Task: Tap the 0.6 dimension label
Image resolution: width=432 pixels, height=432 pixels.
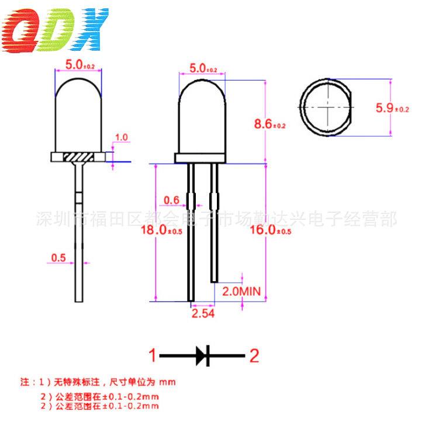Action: [x=171, y=201]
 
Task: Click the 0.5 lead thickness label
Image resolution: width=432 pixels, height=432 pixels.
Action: [x=58, y=257]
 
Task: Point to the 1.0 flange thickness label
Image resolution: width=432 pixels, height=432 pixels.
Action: [x=122, y=137]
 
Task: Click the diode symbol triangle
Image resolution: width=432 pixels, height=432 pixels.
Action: [x=201, y=354]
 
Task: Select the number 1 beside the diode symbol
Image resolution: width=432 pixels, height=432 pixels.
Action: [x=153, y=355]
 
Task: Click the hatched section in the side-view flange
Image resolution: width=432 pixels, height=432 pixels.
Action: [x=78, y=158]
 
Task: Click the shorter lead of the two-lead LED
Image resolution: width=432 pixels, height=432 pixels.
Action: [x=214, y=234]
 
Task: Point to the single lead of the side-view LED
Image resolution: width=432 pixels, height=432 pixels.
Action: [x=78, y=234]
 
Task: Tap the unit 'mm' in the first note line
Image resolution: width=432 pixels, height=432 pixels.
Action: [x=168, y=382]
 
